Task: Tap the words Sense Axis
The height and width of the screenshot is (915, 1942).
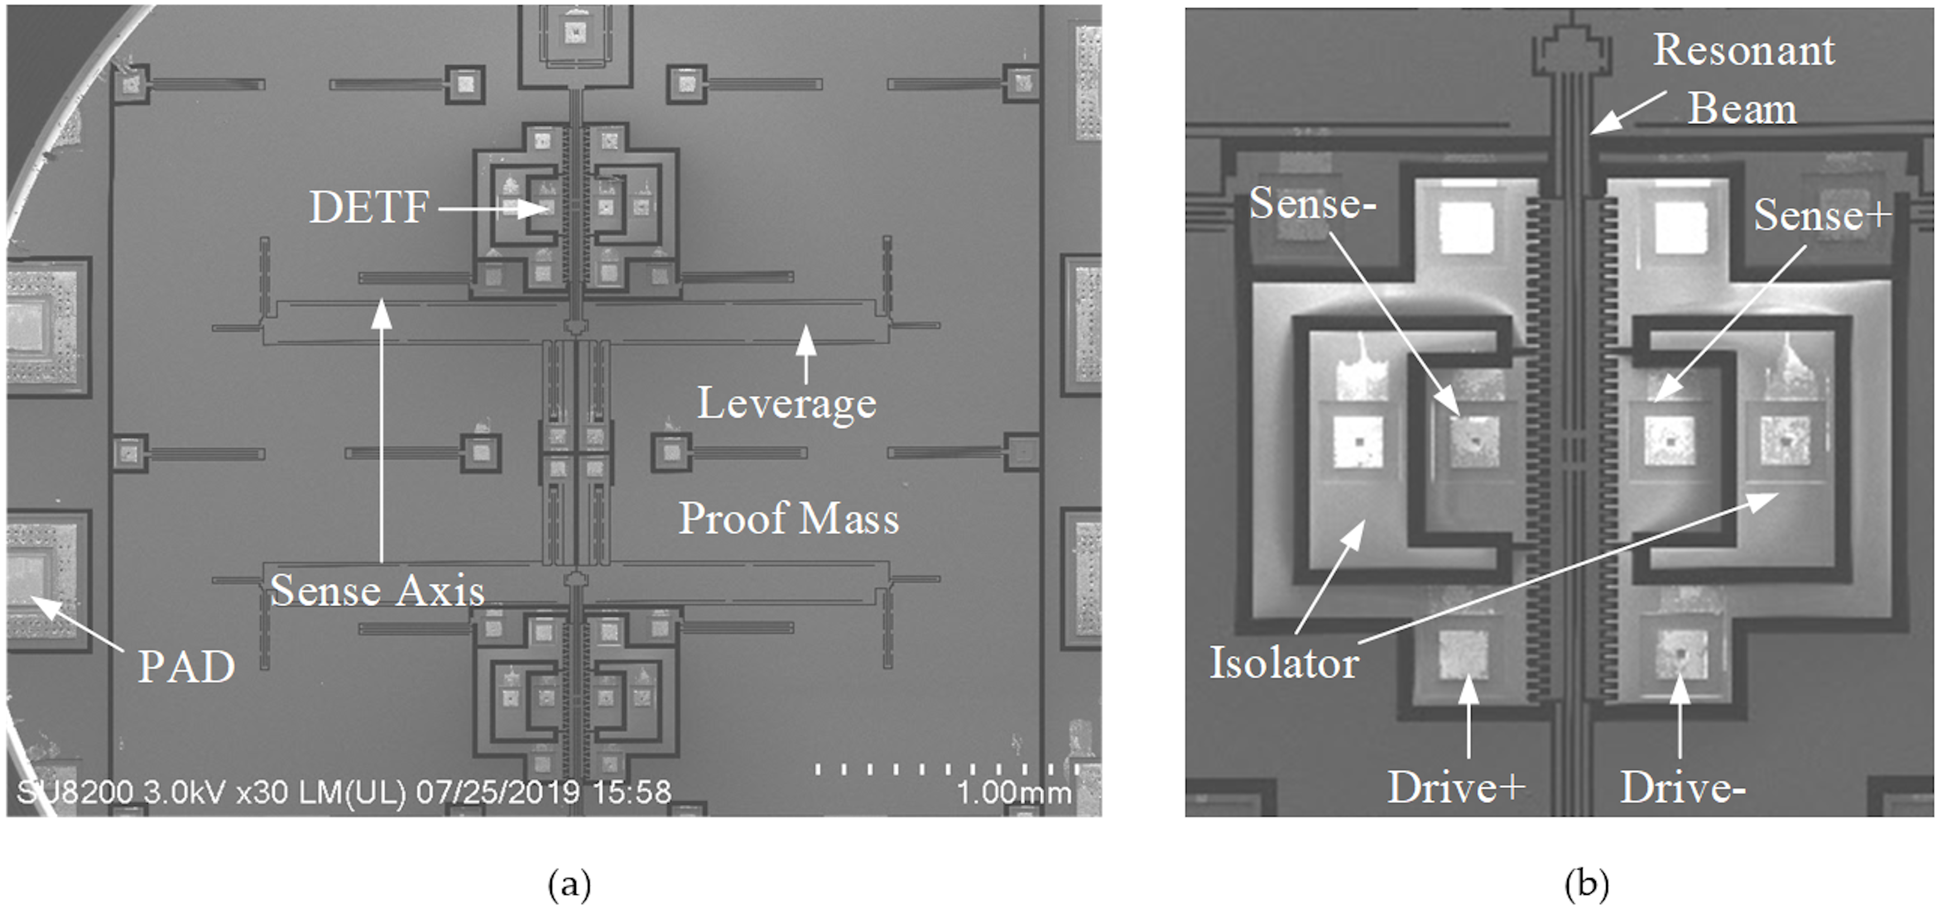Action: coord(377,590)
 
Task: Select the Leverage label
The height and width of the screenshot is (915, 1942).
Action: coord(786,404)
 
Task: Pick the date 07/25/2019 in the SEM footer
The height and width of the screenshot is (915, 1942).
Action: coord(498,792)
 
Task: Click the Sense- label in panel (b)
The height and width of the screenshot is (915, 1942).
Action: coord(1313,204)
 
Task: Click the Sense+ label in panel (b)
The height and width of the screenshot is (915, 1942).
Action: coord(1822,215)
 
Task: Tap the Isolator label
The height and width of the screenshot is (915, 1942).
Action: coord(1284,664)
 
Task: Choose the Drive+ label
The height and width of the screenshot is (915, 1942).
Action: coord(1456,788)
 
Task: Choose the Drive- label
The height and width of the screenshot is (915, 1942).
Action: coord(1683,789)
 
